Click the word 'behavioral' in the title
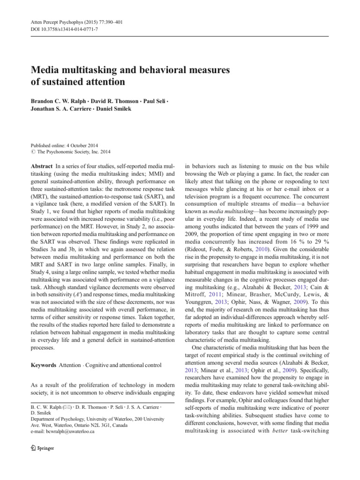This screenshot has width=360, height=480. coord(154,70)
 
